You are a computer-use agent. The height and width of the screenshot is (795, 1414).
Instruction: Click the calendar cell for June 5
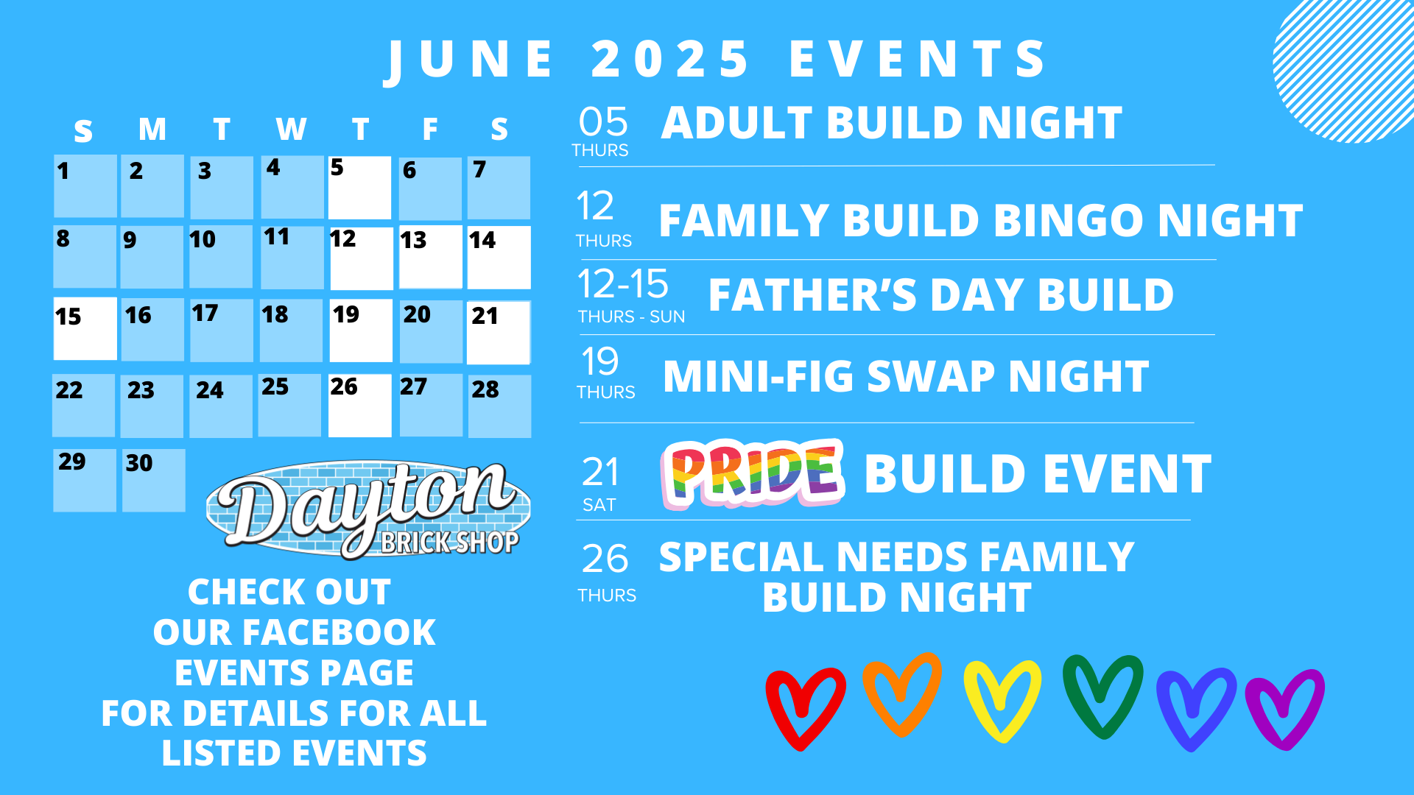[x=359, y=188]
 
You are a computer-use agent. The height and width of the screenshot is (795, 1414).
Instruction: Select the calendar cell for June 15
[x=85, y=328]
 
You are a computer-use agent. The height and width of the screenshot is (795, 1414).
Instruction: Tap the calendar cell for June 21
[x=499, y=332]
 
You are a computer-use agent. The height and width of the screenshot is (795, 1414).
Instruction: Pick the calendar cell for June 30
[x=153, y=480]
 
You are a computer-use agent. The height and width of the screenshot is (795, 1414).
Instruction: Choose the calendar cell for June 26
[x=359, y=406]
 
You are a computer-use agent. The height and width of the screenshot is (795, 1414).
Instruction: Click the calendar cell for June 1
[x=85, y=186]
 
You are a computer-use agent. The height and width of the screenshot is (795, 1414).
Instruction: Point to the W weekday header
[x=291, y=130]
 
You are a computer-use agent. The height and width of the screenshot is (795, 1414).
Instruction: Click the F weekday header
[x=430, y=130]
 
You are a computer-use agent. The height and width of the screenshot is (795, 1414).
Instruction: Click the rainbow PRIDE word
[x=753, y=474]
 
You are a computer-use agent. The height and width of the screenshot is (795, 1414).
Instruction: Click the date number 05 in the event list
[x=603, y=122]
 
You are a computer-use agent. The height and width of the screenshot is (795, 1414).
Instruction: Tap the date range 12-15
[x=623, y=284]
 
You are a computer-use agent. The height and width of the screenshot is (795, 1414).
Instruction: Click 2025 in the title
[x=670, y=59]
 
